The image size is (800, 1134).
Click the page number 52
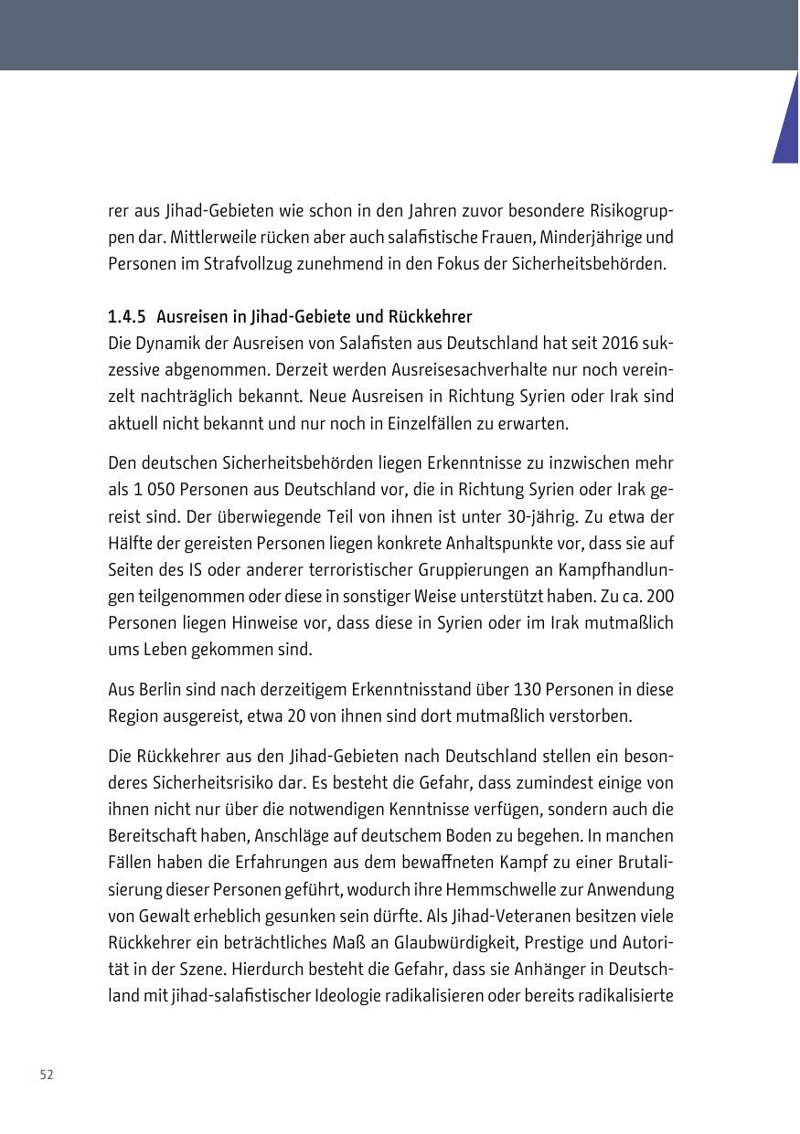point(47,1075)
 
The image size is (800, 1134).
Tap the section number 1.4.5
point(127,317)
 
